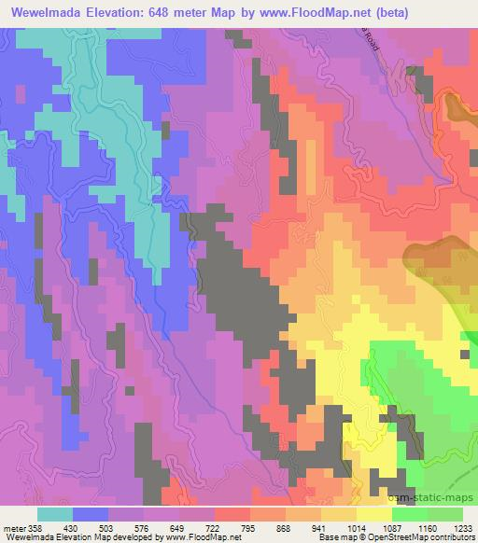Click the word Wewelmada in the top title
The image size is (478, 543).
point(46,12)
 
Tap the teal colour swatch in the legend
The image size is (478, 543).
point(55,514)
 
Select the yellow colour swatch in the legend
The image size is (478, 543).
point(374,514)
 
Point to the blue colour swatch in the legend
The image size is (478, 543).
point(91,514)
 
